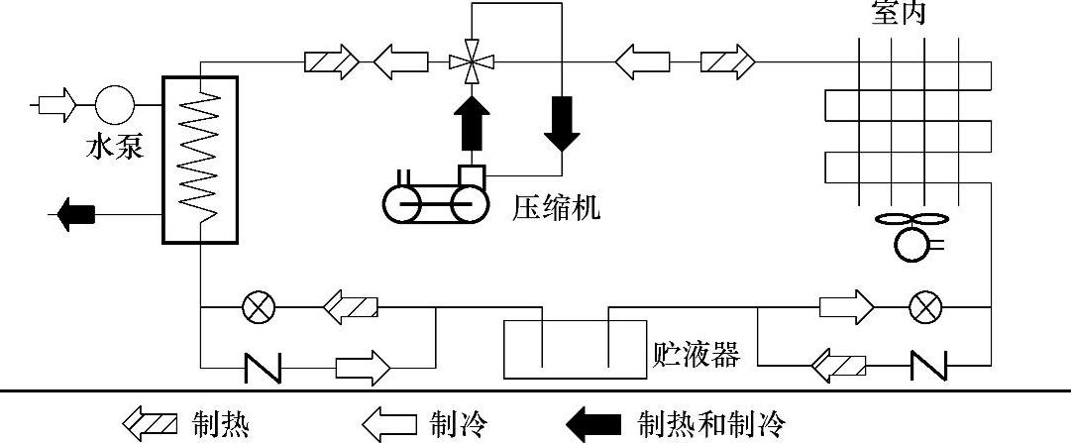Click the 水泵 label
pos(115,148)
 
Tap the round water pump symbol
pos(114,102)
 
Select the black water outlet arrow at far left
pos(75,212)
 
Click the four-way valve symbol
pos(471,63)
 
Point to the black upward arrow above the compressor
pos(471,116)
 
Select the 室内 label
pos(890,13)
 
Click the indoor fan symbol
pos(910,234)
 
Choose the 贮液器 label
pos(696,353)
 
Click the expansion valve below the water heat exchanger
pos(260,308)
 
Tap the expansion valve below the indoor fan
pos(926,308)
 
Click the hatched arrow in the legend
pos(150,426)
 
